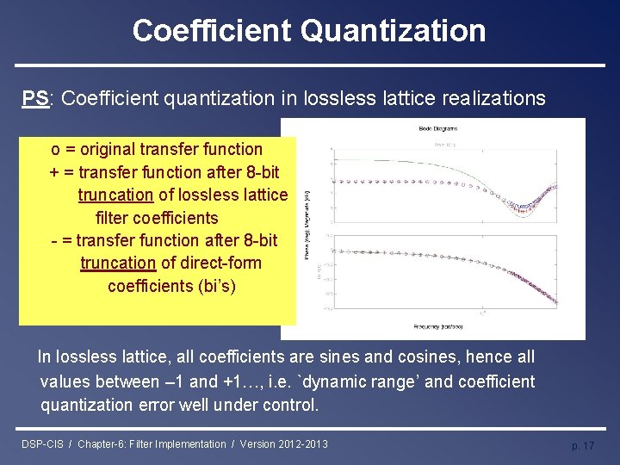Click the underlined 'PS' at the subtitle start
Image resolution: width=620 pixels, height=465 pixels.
coord(35,98)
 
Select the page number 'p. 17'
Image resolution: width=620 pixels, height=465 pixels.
coord(583,445)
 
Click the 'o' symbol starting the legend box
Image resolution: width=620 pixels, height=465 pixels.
coord(55,150)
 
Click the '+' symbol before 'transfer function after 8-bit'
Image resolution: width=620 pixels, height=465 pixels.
coord(55,172)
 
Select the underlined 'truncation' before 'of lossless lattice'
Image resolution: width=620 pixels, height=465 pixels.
coord(115,195)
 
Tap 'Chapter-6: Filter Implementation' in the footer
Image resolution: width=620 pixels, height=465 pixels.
coord(152,444)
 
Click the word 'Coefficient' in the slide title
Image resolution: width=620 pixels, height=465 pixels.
coord(212,31)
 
